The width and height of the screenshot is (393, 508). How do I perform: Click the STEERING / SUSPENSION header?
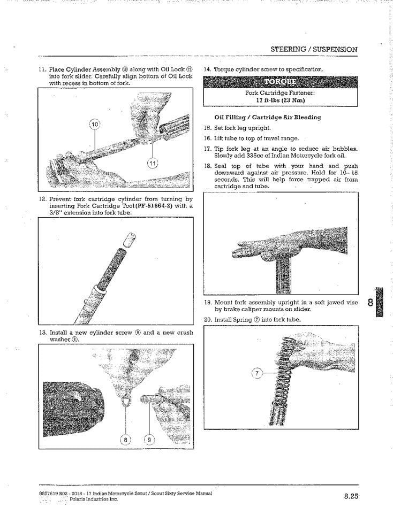pyautogui.click(x=314, y=49)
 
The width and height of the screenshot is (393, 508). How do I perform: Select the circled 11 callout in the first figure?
pyautogui.click(x=153, y=163)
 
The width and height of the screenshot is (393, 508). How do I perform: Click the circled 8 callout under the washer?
pyautogui.click(x=126, y=440)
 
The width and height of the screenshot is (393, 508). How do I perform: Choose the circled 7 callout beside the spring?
pyautogui.click(x=258, y=374)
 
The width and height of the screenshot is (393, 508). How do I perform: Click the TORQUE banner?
pyautogui.click(x=279, y=82)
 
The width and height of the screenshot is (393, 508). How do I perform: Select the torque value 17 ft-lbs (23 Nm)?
pyautogui.click(x=281, y=99)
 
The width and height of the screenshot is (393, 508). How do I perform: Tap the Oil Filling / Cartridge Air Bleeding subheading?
pyautogui.click(x=267, y=117)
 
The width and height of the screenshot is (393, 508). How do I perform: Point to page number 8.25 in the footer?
pyautogui.click(x=351, y=496)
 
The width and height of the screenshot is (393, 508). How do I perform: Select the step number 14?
pyautogui.click(x=208, y=70)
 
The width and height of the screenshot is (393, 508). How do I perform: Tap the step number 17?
pyautogui.click(x=208, y=149)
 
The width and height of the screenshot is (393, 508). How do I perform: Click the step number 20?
pyautogui.click(x=208, y=320)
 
